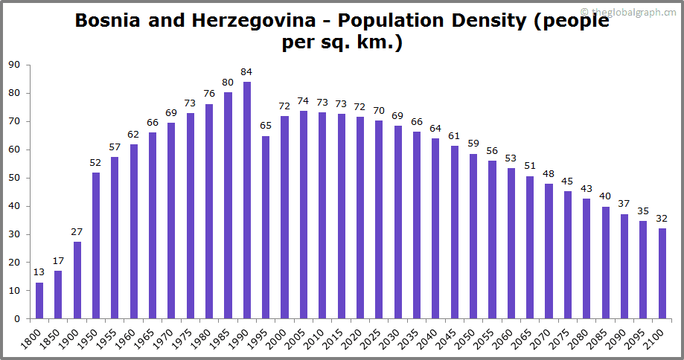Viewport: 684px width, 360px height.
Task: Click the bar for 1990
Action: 247,200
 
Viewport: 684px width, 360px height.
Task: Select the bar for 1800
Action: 39,300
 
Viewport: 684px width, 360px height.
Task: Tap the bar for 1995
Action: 266,227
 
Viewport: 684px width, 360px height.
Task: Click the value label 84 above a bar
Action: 247,72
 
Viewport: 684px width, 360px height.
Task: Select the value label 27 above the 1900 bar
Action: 77,232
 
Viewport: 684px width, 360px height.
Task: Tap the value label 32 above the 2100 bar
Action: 662,219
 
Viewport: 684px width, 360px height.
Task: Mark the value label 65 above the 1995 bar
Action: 266,126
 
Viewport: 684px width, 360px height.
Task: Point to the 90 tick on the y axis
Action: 14,65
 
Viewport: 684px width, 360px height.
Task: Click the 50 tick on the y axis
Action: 14,178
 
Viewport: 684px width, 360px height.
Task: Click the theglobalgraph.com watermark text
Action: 633,11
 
